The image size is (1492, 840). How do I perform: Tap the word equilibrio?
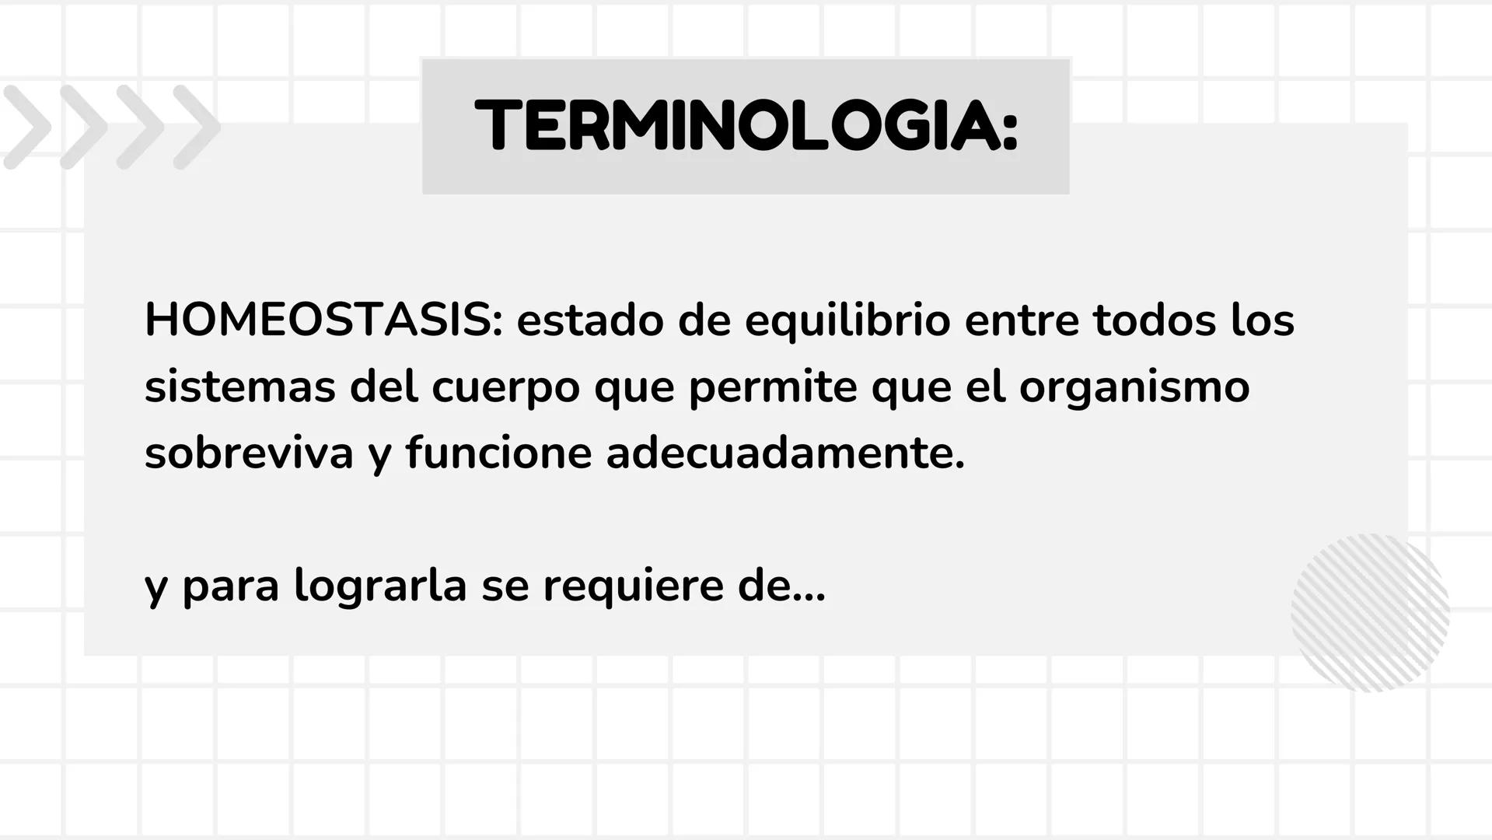click(847, 321)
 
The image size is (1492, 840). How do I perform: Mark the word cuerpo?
click(505, 388)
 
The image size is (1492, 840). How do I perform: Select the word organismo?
click(1134, 388)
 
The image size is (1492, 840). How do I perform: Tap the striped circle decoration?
click(1370, 612)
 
